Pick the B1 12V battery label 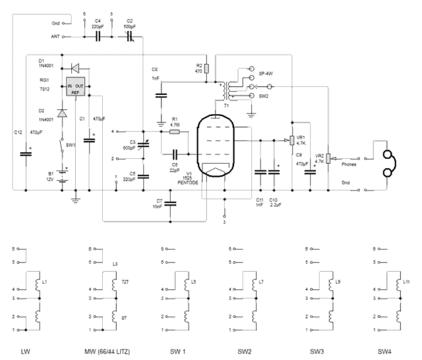(50, 177)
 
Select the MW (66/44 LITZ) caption (107, 352)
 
